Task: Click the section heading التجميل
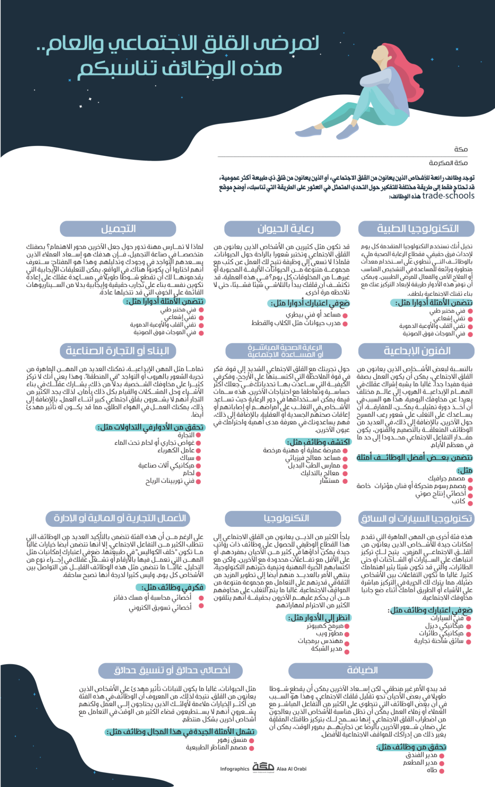point(118,229)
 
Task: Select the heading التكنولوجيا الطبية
point(417,229)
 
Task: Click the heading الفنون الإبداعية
point(417,351)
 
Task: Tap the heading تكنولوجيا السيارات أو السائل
point(416,518)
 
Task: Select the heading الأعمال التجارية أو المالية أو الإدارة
point(120,518)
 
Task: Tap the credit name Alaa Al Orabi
point(292,769)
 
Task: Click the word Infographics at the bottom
point(234,769)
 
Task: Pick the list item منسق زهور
point(233,740)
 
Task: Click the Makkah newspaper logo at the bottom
point(263,767)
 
